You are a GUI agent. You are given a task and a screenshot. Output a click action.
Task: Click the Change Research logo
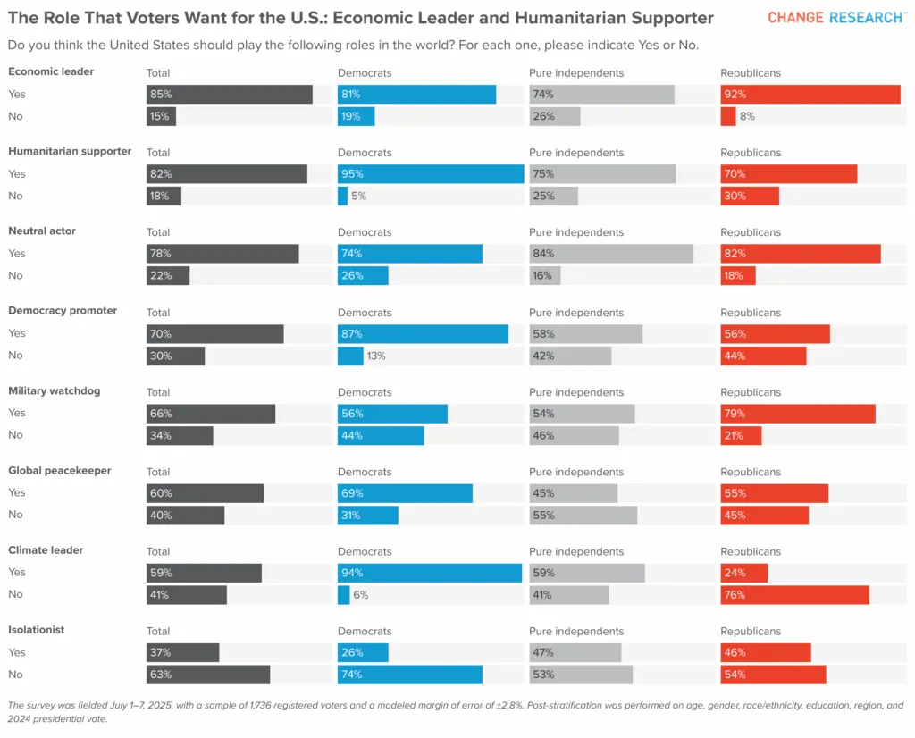coord(837,18)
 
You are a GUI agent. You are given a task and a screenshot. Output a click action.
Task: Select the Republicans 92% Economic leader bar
coord(810,95)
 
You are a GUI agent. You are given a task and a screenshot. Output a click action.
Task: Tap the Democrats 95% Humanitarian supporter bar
coord(431,174)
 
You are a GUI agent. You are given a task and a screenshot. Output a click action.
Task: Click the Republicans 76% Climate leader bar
coord(794,595)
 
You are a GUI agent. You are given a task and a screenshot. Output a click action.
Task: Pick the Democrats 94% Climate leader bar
coord(430,573)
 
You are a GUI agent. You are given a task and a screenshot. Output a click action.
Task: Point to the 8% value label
coord(747,116)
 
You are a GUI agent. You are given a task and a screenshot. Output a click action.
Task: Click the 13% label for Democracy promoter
coord(376,356)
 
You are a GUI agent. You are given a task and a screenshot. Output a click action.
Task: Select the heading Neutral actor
coord(42,231)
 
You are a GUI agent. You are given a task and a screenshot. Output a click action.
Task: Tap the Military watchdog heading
coord(55,390)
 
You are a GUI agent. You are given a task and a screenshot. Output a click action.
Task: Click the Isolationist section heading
coord(36,630)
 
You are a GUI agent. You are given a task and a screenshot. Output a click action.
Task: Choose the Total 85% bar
coord(230,95)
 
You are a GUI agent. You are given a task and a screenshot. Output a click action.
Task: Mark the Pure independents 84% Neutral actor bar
coord(611,254)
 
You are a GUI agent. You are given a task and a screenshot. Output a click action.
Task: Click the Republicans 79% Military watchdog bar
coord(798,414)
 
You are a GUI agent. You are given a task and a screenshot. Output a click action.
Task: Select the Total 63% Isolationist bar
coord(208,675)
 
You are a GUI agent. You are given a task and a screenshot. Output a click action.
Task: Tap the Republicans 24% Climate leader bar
coord(744,573)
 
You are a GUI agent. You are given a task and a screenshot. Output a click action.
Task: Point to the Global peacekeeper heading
coord(60,471)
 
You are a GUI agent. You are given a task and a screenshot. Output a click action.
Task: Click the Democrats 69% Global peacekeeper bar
coord(405,493)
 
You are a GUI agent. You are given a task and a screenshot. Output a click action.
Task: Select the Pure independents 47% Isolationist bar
coord(575,653)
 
